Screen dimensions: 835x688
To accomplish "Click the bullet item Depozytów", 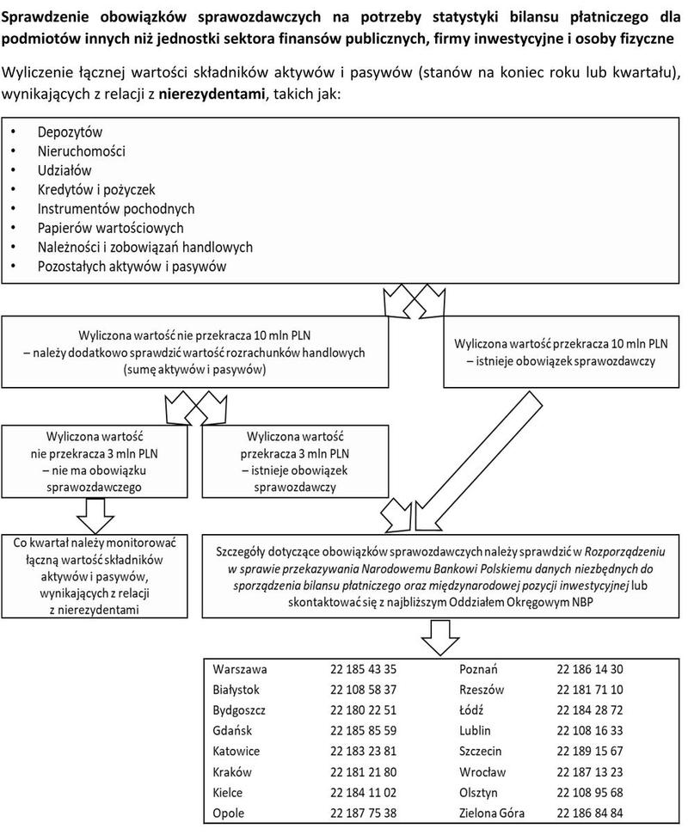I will click(x=70, y=132).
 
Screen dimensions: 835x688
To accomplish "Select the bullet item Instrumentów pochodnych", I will click(x=116, y=209).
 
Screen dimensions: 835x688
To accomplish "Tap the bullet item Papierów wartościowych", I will click(x=111, y=228).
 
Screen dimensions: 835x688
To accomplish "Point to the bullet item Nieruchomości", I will click(x=82, y=150).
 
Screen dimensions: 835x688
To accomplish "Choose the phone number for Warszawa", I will click(x=363, y=668).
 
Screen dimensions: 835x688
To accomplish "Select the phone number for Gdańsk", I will click(x=363, y=730).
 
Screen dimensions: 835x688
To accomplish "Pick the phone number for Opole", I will click(x=363, y=813).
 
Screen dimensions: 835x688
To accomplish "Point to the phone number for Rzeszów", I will click(x=590, y=689).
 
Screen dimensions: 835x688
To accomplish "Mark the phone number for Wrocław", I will click(x=590, y=771).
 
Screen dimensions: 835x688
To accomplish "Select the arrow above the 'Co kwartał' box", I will click(x=95, y=514).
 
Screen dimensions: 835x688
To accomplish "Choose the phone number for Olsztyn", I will click(x=590, y=792).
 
